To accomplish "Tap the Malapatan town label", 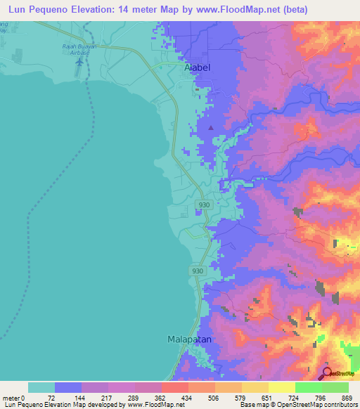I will [190, 339].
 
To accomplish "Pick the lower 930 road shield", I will [198, 271].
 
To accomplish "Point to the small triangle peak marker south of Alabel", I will [210, 127].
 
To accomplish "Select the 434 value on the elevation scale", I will [184, 398].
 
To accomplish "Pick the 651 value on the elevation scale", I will [264, 398].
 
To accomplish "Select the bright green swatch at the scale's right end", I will [335, 387].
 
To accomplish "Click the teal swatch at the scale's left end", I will [41, 387].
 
